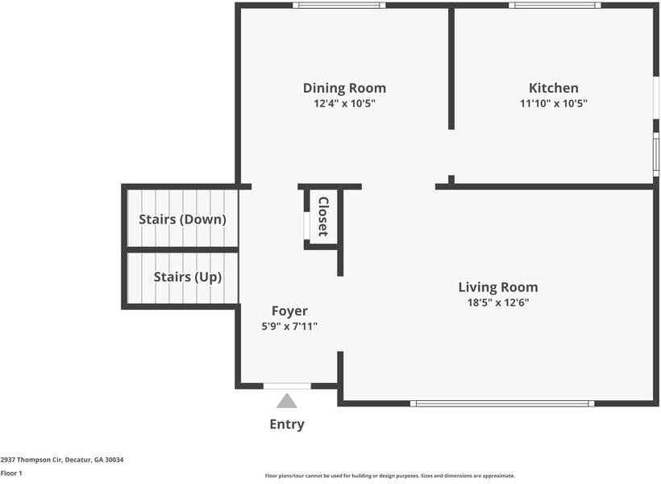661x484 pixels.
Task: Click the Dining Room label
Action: [x=344, y=88]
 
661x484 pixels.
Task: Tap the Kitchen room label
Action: [x=553, y=88]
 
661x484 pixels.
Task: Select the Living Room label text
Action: [x=497, y=287]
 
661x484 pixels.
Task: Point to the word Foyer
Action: [x=289, y=311]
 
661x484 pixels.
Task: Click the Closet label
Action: [x=323, y=217]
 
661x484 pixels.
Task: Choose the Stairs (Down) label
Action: [x=182, y=219]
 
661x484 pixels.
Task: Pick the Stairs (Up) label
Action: [x=187, y=277]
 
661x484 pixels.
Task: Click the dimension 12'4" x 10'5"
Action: [x=344, y=104]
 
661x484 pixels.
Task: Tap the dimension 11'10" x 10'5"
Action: [x=553, y=104]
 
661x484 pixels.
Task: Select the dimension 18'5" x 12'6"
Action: [x=497, y=303]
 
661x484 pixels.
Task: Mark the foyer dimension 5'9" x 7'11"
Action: [x=289, y=327]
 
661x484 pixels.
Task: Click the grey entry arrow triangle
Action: [x=287, y=401]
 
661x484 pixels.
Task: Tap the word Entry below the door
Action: [x=287, y=424]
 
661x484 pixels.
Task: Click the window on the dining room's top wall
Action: [x=339, y=6]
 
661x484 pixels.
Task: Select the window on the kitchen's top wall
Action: [x=554, y=6]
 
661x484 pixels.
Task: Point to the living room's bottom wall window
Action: [x=501, y=403]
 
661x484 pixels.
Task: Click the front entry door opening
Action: [x=287, y=386]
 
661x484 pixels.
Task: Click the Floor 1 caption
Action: [x=11, y=474]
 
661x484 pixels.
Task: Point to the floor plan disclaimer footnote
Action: [x=389, y=476]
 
